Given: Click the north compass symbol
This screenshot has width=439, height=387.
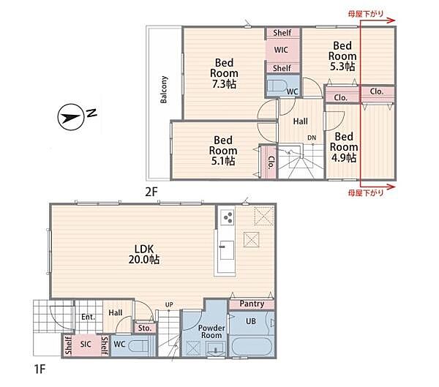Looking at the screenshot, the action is point(71,117).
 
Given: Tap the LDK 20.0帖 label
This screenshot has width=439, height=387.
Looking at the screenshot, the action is point(144,255).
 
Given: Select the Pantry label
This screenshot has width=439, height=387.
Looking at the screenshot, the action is point(252,304).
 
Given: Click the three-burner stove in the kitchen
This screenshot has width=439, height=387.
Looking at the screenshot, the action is point(227,217).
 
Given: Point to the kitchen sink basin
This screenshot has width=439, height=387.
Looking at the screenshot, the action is point(227,250).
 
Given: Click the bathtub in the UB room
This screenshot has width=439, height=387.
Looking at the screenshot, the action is point(252,346).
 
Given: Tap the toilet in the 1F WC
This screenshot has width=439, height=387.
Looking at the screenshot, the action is point(139,346).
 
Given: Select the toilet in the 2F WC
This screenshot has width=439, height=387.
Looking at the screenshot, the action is point(276,86).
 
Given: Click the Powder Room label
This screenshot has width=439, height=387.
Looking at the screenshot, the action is point(211,331).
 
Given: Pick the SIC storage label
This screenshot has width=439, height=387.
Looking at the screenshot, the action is point(86,344).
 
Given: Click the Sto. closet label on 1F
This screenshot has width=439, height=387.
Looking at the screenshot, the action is point(145,328).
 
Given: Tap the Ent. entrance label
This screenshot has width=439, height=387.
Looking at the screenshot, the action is point(88,317).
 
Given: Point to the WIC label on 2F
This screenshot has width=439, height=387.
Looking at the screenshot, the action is point(281,50).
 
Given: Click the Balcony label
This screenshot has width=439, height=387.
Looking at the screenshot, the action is point(163,89).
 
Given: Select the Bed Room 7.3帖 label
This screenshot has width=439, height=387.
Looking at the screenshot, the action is point(224,73).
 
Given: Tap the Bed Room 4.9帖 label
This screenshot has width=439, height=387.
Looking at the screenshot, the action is point(344,147).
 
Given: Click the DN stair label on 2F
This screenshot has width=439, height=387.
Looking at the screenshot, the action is point(312,138).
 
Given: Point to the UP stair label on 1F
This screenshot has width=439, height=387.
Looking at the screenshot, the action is point(169,304).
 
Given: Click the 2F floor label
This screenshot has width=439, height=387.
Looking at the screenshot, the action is point(151,192).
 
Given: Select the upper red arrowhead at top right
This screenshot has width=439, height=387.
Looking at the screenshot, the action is point(391,20).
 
